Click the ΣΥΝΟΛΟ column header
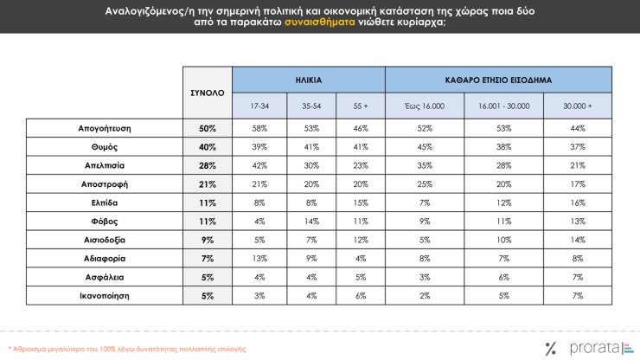pos(207,92)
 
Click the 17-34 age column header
pos(259,106)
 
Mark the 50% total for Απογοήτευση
pos(208,128)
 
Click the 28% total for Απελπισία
pos(208,165)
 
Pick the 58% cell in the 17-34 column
pos(259,128)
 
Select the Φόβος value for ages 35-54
pos(309,221)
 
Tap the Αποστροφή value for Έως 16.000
pos(424,183)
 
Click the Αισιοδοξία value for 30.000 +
pos(577,240)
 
